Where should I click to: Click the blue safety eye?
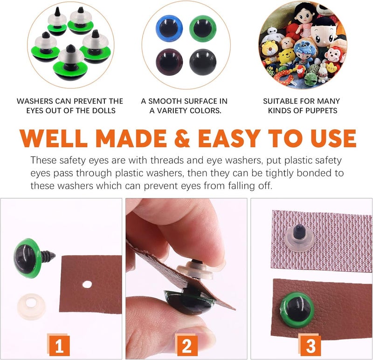click(x=169, y=28)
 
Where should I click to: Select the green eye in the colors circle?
click(x=203, y=28)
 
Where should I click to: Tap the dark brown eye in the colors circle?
click(x=169, y=62)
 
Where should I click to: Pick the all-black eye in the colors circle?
click(x=203, y=62)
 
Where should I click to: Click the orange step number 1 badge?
click(x=59, y=345)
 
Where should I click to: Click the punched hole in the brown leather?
click(x=87, y=284)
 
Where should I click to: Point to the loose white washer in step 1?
click(x=31, y=306)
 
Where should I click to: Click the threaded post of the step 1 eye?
click(x=48, y=256)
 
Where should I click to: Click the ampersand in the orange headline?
click(x=182, y=138)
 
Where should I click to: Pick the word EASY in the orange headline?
click(x=229, y=138)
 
